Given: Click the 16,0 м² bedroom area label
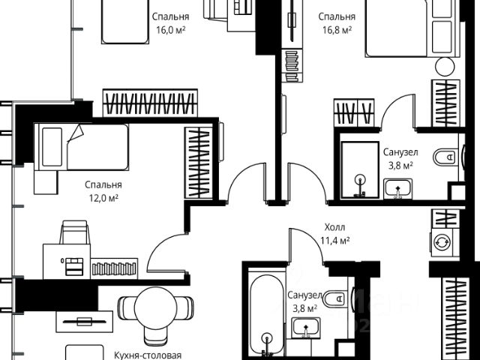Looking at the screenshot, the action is pos(170,30).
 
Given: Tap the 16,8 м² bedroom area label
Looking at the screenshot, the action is pos(337,30).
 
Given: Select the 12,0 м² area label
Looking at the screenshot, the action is pos(103,198).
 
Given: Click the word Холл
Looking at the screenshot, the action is pos(334,227).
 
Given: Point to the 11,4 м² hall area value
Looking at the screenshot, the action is pos(335,241).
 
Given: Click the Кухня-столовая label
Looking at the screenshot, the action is pos(148,355).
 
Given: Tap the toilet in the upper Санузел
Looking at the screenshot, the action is pos(445,157).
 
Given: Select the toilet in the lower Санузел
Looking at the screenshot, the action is pos(334,298).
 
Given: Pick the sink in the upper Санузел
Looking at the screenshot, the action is pos(397,188).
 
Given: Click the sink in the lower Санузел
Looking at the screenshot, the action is pos(306,328).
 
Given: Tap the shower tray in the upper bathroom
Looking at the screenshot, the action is pos(360,170).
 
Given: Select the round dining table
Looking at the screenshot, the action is pos(156,307).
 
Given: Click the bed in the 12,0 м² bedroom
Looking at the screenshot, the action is pos(81,147).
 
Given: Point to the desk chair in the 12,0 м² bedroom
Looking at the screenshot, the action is pos(74,232).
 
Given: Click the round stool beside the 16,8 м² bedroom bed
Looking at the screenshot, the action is pos(445,67).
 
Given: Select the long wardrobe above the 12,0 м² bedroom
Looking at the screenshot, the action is pos(150,103).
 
